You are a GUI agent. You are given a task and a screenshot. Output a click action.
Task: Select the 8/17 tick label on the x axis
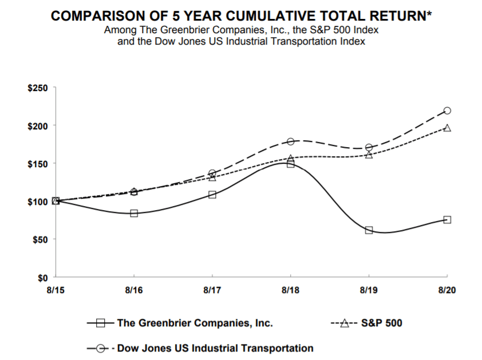click(x=212, y=290)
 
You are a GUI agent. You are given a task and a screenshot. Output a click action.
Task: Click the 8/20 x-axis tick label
click(x=447, y=290)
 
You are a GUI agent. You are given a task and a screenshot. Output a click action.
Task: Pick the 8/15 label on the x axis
click(x=56, y=290)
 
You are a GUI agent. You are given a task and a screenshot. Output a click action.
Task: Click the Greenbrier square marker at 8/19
click(x=369, y=230)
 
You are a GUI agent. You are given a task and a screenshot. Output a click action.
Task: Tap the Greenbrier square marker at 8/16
click(x=134, y=213)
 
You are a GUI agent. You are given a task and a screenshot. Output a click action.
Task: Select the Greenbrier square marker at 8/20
click(x=447, y=220)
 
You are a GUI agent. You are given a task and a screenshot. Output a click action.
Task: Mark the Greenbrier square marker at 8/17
click(x=212, y=195)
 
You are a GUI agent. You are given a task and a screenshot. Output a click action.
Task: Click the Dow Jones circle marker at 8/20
click(x=447, y=110)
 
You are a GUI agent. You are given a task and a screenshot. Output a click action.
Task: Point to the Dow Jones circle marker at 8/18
click(x=290, y=141)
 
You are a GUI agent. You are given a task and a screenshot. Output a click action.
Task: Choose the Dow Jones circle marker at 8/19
click(x=369, y=148)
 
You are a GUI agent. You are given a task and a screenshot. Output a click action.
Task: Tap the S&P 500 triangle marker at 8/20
click(x=447, y=128)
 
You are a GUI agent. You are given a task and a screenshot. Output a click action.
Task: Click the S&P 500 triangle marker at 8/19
click(x=369, y=155)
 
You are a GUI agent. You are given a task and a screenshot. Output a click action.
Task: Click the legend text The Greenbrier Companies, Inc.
click(x=195, y=323)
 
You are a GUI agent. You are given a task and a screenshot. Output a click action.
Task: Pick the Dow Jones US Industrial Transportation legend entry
click(x=215, y=348)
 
